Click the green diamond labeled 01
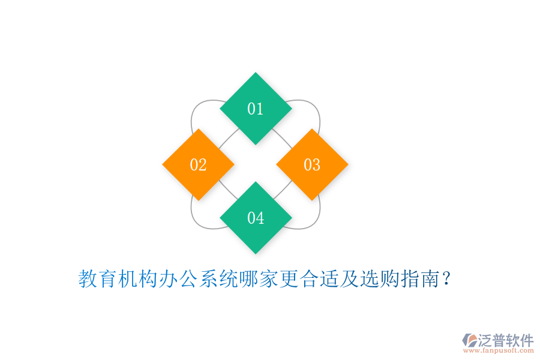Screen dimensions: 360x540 click(256, 109)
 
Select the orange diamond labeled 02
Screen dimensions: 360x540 click(198, 164)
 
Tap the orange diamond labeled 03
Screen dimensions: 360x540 click(312, 164)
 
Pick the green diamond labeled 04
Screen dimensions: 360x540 click(256, 218)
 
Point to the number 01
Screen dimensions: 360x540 click(256, 109)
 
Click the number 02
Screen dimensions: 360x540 click(198, 164)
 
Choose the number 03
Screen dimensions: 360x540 click(312, 164)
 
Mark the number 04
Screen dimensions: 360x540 click(256, 218)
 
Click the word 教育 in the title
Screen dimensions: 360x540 click(98, 279)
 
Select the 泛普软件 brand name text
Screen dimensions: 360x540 click(505, 340)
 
